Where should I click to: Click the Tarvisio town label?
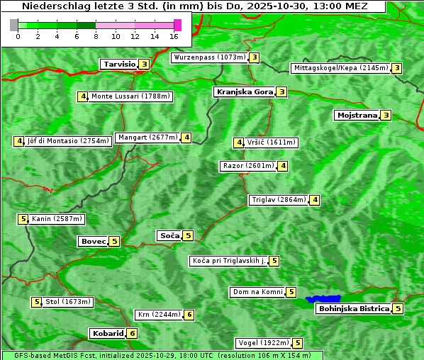pos(118,64)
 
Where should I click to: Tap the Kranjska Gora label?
pos(244,91)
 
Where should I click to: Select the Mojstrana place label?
pos(357,115)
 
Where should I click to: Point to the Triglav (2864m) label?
pos(278,200)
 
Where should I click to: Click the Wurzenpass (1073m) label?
pos(209,57)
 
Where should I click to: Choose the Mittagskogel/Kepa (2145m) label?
pos(340,68)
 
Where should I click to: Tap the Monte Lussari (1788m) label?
pos(130,96)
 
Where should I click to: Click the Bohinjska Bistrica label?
pos(354,308)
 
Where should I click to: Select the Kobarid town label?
pos(107,333)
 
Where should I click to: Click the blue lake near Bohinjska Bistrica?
pos(323,299)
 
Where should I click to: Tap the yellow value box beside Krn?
pos(189,315)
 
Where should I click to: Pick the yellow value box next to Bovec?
pos(114,241)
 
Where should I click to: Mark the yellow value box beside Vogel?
pos(298,343)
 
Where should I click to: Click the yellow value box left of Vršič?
pos(239,142)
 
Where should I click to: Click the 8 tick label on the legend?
pos(96,35)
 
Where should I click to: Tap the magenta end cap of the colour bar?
pos(177,25)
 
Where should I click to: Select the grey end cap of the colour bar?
pos(14,25)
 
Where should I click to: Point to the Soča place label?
pos(169,235)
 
